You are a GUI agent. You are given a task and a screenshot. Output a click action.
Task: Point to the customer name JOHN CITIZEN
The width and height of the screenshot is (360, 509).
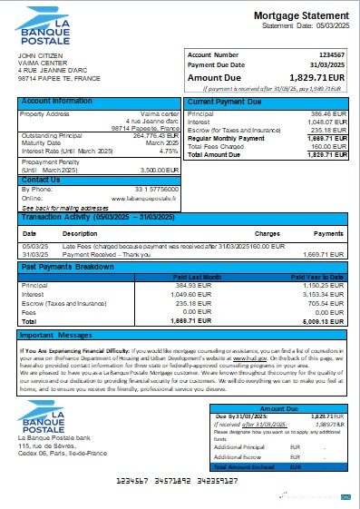click(37, 55)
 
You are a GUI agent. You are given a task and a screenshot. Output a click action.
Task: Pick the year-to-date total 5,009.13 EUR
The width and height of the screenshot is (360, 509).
click(326, 321)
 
